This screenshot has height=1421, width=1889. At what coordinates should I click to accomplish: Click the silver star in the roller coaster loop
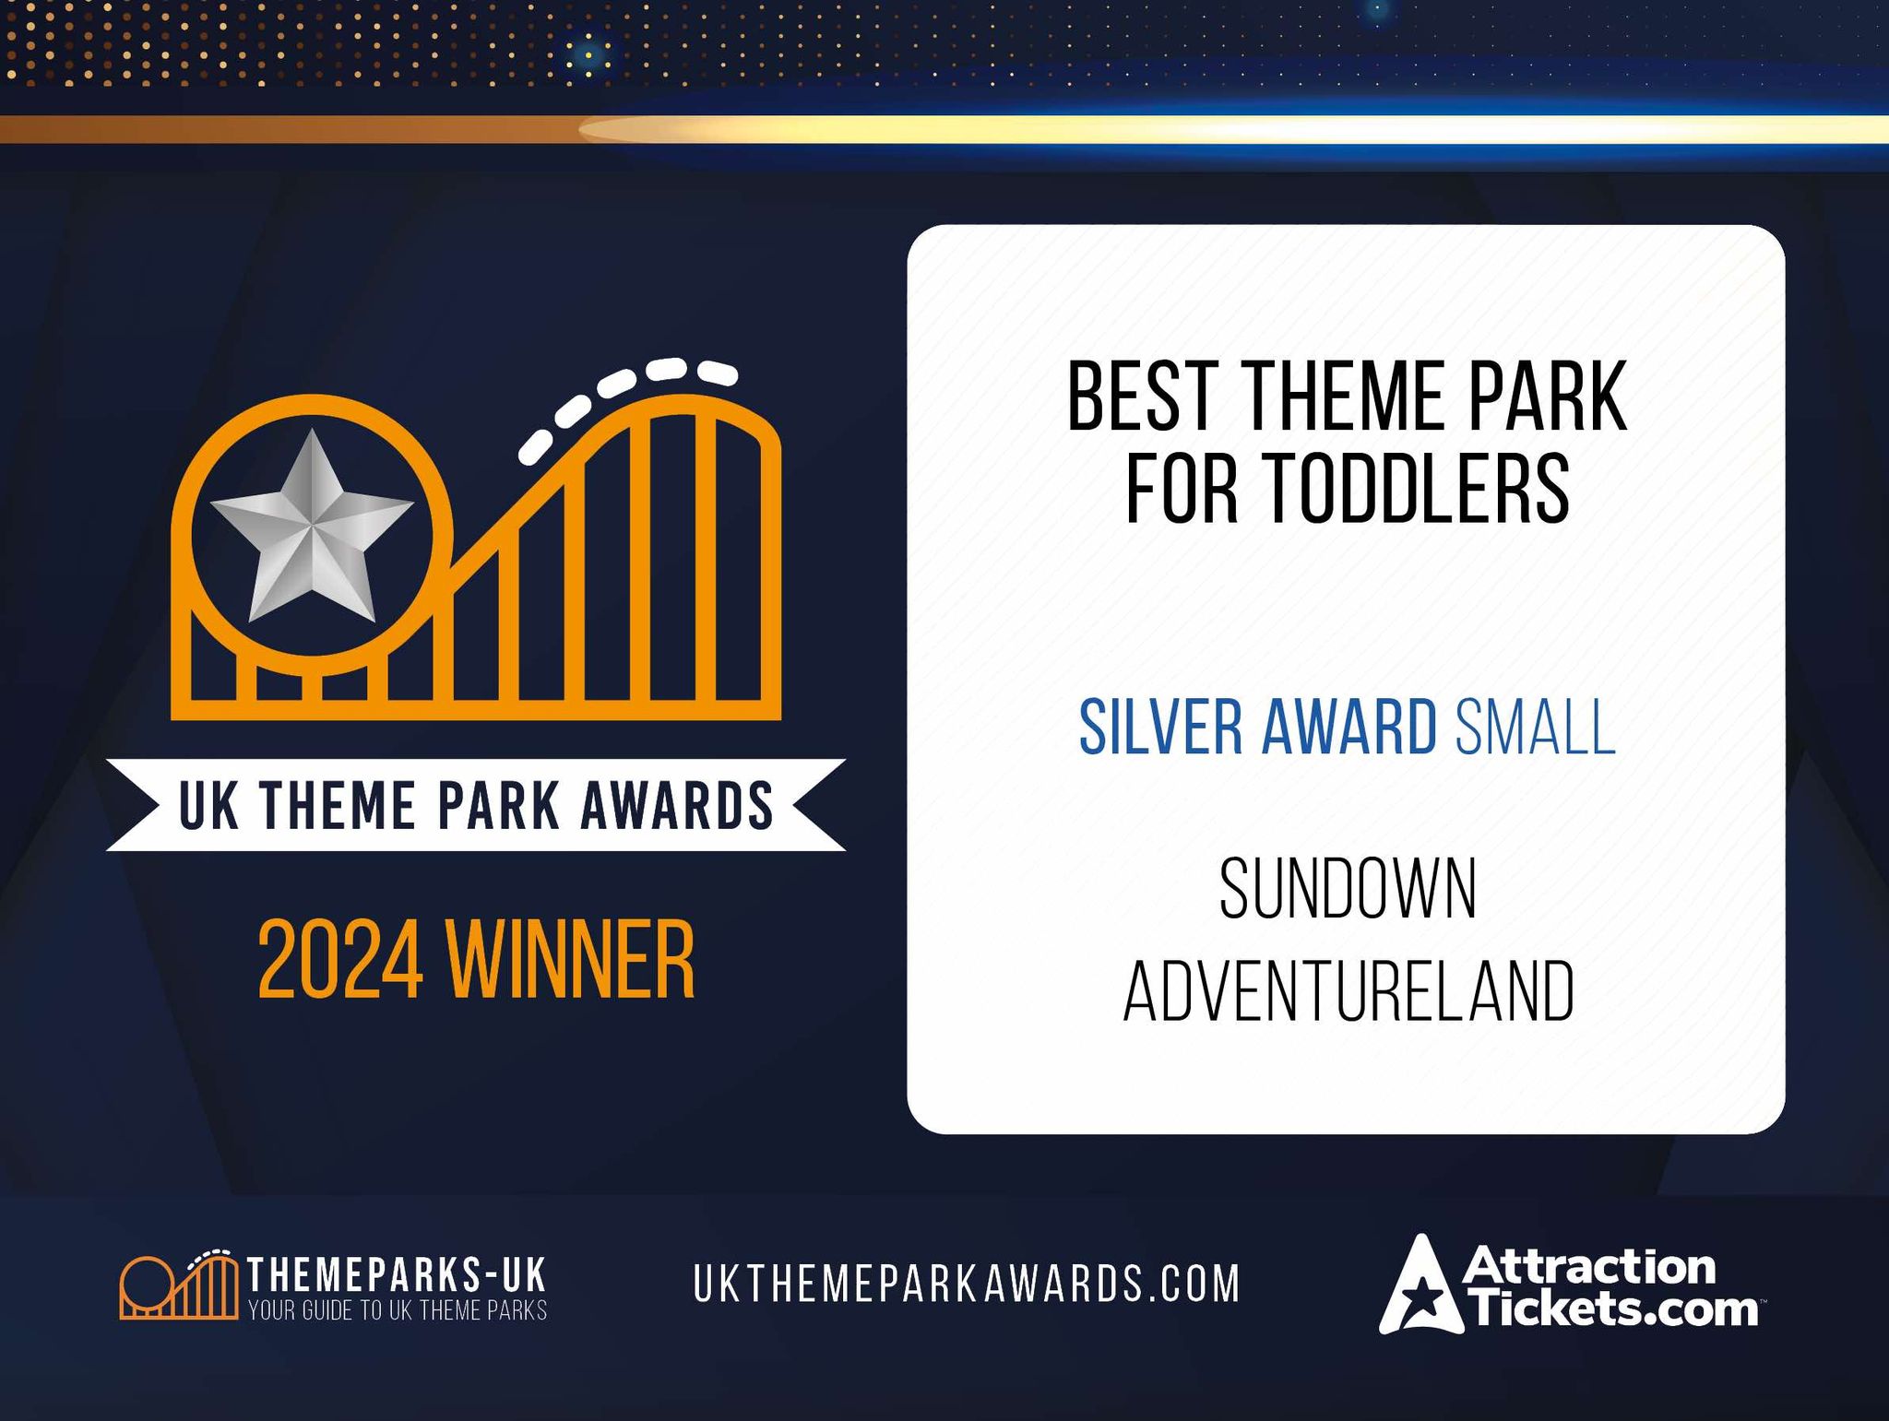click(312, 527)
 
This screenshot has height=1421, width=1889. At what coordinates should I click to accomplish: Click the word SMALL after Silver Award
click(1535, 728)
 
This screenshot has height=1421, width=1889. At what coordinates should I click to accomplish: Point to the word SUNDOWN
click(1348, 889)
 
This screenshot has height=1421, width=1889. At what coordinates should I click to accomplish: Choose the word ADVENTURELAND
click(1348, 991)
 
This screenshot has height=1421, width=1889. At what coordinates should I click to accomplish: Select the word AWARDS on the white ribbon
click(676, 805)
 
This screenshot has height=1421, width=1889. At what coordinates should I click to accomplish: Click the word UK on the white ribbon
click(209, 805)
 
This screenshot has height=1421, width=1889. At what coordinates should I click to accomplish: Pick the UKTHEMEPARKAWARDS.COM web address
click(967, 1284)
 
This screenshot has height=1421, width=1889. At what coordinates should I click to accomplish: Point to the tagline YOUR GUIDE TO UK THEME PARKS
click(398, 1310)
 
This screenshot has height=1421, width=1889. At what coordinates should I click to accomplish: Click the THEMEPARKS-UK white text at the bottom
click(398, 1275)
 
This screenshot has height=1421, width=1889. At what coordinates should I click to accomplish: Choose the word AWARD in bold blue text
click(1348, 728)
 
